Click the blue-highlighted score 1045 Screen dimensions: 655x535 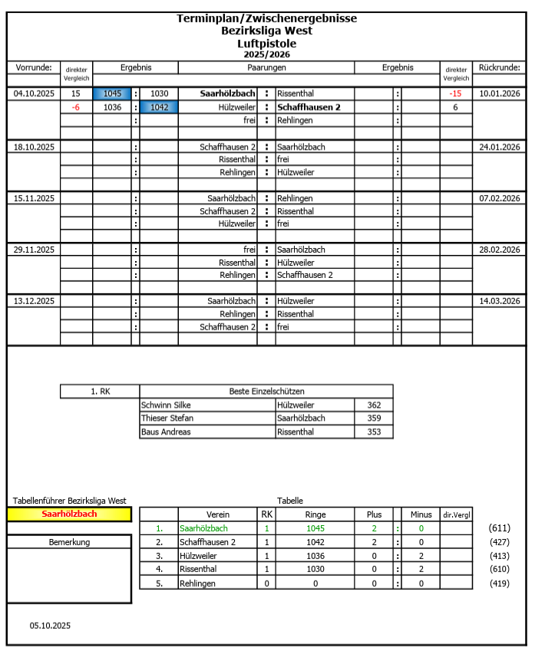pyautogui.click(x=112, y=94)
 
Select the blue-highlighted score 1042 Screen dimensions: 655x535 pyautogui.click(x=159, y=108)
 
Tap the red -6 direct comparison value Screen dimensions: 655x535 pyautogui.click(x=76, y=108)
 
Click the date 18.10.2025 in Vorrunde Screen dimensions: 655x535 pyautogui.click(x=34, y=147)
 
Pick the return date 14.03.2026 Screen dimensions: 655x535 pyautogui.click(x=500, y=301)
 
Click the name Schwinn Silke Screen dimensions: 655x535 pyautogui.click(x=166, y=405)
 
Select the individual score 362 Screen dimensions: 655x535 pyautogui.click(x=374, y=405)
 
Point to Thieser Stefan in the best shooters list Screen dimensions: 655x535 pyautogui.click(x=167, y=418)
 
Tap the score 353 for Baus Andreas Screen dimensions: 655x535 pyautogui.click(x=374, y=432)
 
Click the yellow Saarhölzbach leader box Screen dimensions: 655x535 pyautogui.click(x=69, y=514)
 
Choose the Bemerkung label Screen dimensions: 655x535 pyautogui.click(x=69, y=542)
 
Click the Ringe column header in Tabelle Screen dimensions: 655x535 pyautogui.click(x=315, y=514)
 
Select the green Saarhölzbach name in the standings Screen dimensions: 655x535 pyautogui.click(x=203, y=528)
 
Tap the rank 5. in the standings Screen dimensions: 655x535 pyautogui.click(x=160, y=584)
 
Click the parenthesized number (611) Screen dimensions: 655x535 pyautogui.click(x=499, y=528)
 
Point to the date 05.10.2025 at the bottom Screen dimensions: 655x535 pyautogui.click(x=50, y=626)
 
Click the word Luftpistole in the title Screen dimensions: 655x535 pyautogui.click(x=266, y=44)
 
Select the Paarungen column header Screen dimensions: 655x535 pyautogui.click(x=266, y=68)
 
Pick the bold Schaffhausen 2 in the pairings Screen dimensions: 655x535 pyautogui.click(x=309, y=108)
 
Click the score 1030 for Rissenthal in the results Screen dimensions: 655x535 pyautogui.click(x=159, y=94)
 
